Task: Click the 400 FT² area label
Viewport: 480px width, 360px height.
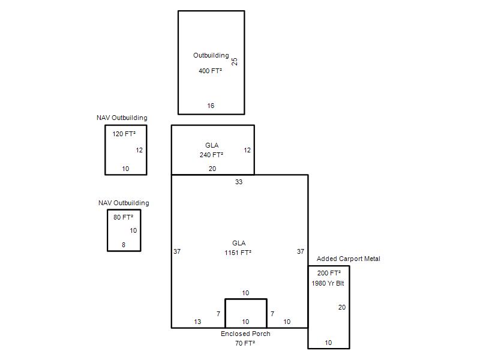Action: (211, 71)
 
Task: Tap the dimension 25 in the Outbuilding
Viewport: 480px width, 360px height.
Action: (235, 62)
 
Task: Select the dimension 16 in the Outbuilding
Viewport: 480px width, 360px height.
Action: (211, 106)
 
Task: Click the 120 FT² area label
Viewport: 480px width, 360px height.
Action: (124, 134)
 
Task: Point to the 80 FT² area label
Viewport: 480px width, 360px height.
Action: (124, 217)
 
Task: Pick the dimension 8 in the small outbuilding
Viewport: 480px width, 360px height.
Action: (124, 245)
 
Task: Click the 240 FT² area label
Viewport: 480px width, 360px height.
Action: (212, 155)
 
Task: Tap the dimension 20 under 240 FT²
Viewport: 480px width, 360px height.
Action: (212, 169)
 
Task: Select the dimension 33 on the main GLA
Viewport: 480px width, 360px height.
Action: (239, 182)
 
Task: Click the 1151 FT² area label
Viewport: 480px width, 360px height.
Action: (238, 253)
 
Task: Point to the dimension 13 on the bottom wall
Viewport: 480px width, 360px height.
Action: (197, 322)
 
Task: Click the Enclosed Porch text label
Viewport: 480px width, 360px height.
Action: (245, 334)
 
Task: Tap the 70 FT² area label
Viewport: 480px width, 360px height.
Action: (245, 343)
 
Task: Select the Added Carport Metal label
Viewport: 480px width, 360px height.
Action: (349, 259)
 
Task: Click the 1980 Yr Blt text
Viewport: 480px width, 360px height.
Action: (328, 283)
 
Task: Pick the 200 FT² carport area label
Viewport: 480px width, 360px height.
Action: (329, 273)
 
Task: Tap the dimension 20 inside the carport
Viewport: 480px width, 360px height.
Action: (342, 307)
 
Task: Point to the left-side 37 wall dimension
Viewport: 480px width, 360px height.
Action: (177, 251)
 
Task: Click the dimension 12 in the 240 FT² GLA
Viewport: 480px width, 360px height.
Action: (247, 150)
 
